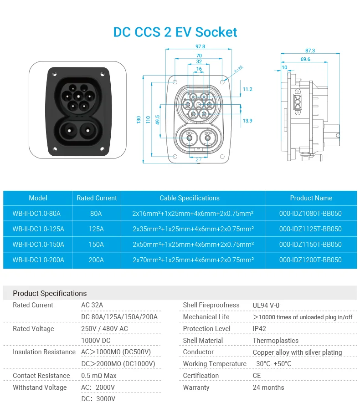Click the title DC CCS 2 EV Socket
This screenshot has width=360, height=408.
pos(175,32)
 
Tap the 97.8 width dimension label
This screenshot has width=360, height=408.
pos(200,46)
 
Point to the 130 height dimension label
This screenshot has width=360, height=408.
pos(139,119)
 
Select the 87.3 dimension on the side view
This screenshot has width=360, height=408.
pos(310,51)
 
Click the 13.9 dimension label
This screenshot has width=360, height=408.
pos(247,121)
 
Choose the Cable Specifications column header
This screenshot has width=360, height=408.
pos(189,198)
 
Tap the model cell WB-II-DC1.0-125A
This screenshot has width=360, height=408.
pos(38,229)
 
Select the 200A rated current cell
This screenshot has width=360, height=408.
pos(96,260)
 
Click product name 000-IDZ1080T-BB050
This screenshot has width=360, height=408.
pos(310,214)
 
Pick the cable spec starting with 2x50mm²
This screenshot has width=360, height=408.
pos(193,245)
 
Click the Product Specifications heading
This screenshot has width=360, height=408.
pos(50,293)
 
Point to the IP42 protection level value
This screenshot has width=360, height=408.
pos(259,329)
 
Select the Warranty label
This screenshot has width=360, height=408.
pos(196,388)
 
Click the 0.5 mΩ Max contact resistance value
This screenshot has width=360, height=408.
pos(98,376)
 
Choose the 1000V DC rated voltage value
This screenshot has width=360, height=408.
pos(96,341)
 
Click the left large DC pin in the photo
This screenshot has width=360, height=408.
pos(67,131)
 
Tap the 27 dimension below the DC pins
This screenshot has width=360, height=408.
pos(198,159)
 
